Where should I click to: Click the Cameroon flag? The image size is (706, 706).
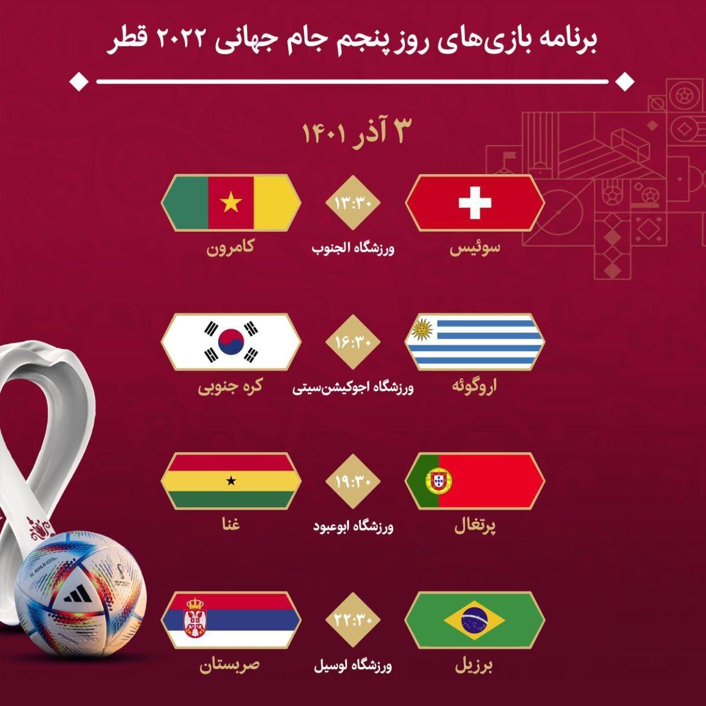231,202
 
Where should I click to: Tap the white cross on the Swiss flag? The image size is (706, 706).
474,202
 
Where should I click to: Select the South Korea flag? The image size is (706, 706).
231,341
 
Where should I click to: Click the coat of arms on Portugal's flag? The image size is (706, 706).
439,481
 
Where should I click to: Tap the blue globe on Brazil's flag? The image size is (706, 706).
474,620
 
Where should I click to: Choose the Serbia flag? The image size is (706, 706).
231,620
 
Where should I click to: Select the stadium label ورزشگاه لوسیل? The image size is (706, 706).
353,666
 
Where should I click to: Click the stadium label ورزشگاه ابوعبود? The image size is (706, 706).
353,527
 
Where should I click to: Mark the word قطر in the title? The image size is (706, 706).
129,41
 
